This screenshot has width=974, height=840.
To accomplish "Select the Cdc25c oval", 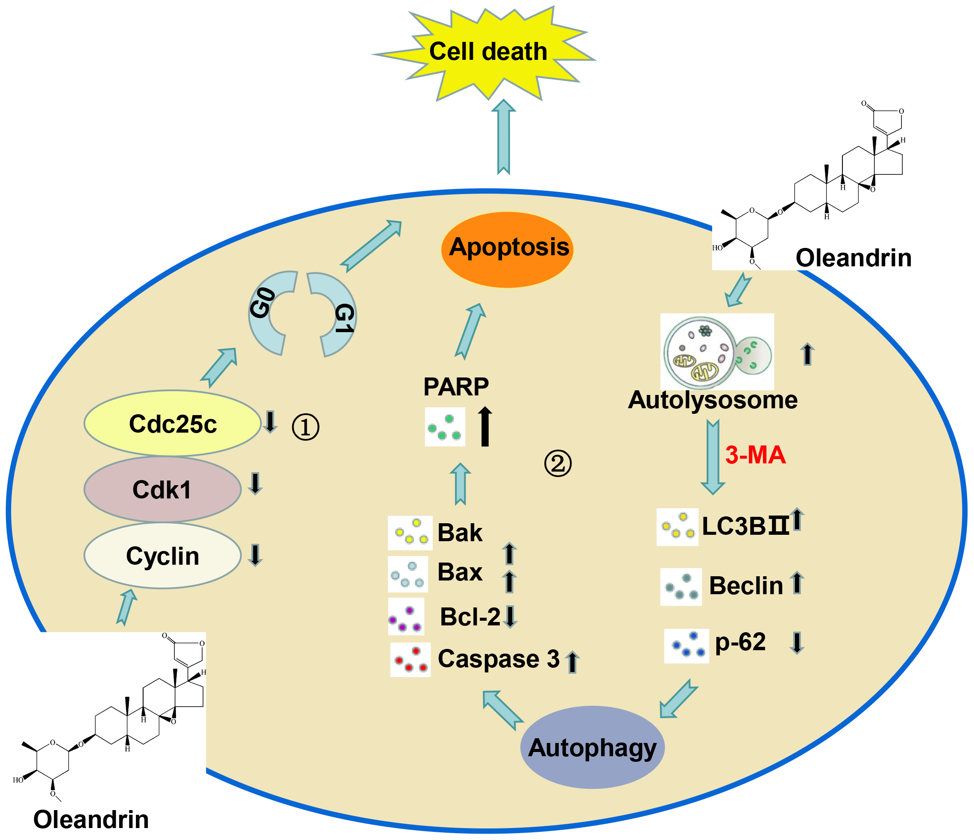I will (x=172, y=423).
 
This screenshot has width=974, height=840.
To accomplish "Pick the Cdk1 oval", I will (x=162, y=489).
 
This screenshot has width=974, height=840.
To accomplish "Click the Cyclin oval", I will (x=162, y=556).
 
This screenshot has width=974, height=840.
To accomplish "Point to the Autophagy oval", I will (x=592, y=748).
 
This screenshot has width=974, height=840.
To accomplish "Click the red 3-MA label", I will (x=755, y=455).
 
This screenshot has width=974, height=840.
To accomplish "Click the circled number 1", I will (x=305, y=427).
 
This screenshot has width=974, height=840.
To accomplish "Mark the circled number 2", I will (x=557, y=464).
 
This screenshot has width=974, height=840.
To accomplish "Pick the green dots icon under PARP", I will (x=445, y=427).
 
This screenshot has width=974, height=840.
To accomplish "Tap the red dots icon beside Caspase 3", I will (x=411, y=660).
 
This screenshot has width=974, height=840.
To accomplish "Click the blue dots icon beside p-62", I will (x=686, y=646).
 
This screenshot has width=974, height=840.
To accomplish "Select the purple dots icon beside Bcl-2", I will (x=406, y=618).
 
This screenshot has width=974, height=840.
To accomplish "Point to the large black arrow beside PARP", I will (x=485, y=427).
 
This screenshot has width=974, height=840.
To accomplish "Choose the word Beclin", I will (x=746, y=586).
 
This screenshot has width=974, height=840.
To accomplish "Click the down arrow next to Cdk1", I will (x=255, y=483).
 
